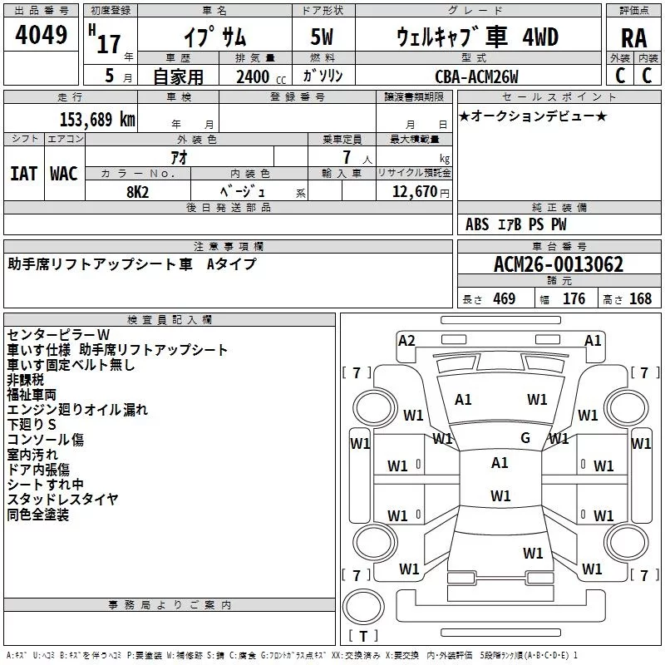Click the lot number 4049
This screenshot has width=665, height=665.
pyautogui.click(x=42, y=37)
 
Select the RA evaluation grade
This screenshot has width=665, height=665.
pyautogui.click(x=633, y=38)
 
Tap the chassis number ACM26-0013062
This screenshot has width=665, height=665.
pyautogui.click(x=558, y=264)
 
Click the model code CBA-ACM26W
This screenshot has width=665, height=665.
pyautogui.click(x=476, y=76)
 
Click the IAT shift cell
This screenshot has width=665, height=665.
pyautogui.click(x=23, y=173)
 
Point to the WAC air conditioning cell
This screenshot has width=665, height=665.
pyautogui.click(x=63, y=173)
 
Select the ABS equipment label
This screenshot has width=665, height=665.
pyautogui.click(x=477, y=224)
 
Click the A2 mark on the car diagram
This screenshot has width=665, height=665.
pyautogui.click(x=406, y=340)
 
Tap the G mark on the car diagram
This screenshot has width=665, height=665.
pyautogui.click(x=525, y=438)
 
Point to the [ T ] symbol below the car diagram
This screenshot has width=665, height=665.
pyautogui.click(x=362, y=637)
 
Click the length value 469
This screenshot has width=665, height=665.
pyautogui.click(x=504, y=299)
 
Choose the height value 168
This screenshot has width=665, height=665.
pyautogui.click(x=640, y=299)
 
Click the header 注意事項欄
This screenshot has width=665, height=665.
pyautogui.click(x=229, y=247)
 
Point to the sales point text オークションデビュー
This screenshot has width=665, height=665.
pyautogui.click(x=533, y=116)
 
